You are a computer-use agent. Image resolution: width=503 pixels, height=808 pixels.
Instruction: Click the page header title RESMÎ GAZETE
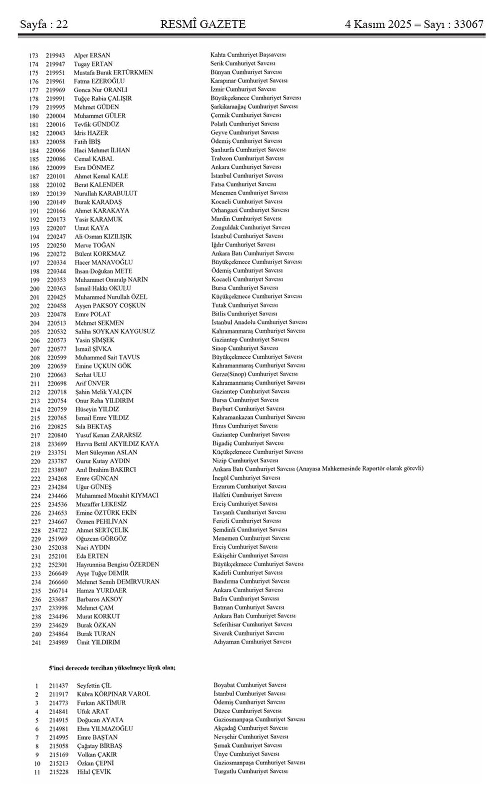coord(203,24)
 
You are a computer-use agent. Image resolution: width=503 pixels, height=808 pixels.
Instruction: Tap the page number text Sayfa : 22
coord(44,25)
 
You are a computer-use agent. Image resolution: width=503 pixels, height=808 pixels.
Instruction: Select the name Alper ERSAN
coord(92,55)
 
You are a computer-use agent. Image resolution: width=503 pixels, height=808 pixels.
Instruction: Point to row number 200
coord(35,289)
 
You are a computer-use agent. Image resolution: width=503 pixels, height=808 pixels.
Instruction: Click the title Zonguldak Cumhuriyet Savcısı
coord(251,227)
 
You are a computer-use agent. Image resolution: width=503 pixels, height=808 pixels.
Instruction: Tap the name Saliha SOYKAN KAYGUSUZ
coord(115,331)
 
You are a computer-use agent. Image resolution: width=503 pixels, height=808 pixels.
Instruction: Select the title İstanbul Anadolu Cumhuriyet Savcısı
coord(259,322)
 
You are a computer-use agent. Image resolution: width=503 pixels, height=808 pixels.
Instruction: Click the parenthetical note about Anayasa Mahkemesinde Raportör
coord(360,469)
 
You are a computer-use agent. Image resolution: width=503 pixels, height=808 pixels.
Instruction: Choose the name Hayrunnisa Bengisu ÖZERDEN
coord(117,565)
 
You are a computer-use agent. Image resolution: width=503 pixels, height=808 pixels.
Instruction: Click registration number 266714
coord(58,591)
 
